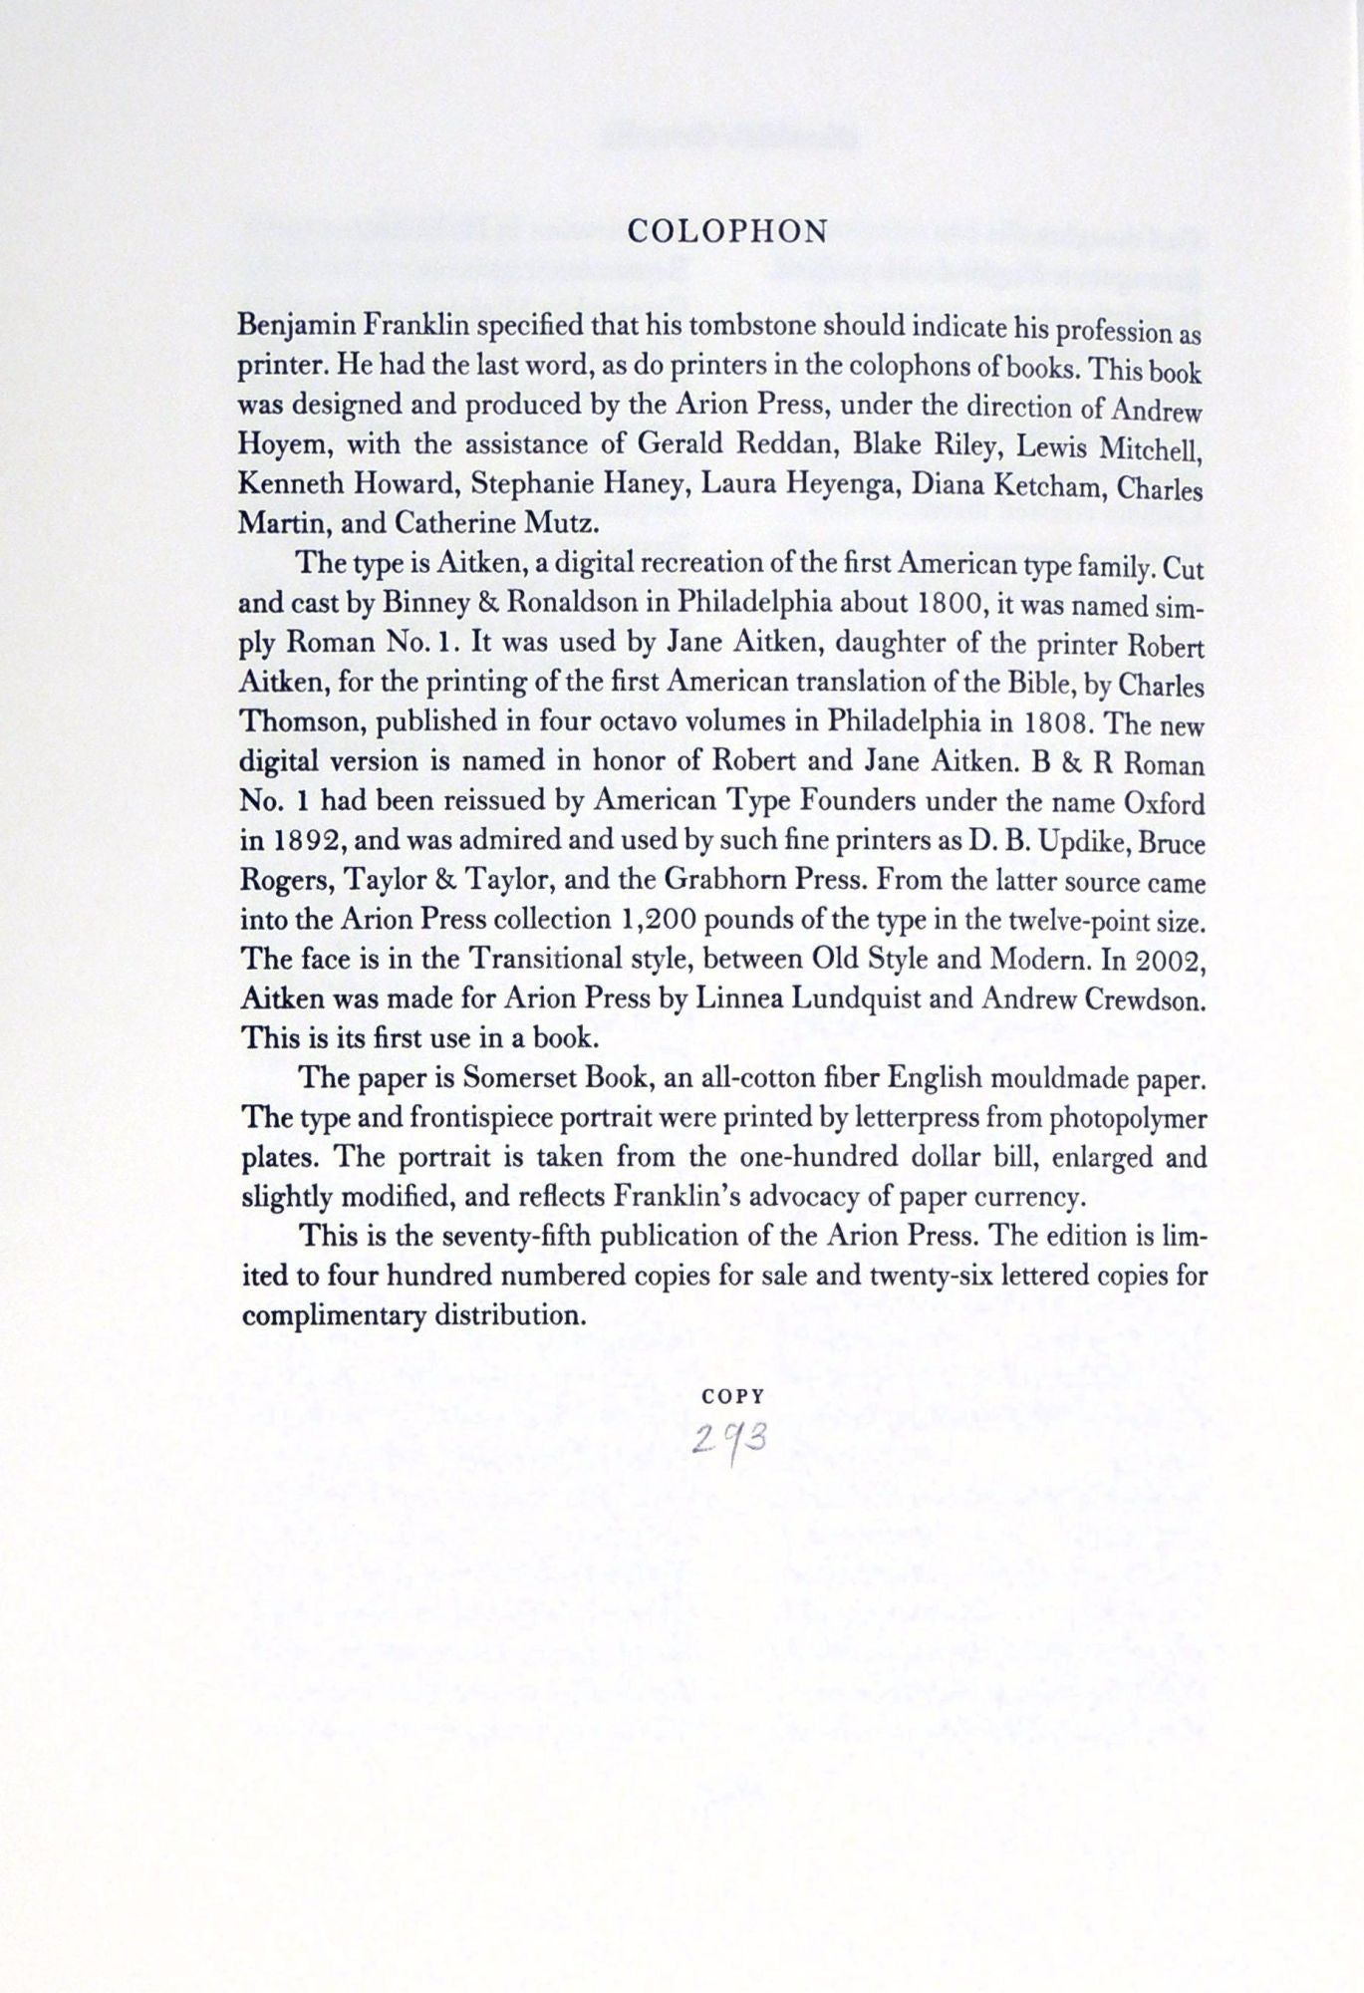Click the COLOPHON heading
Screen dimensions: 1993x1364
point(728,232)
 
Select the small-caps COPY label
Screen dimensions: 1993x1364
point(732,1397)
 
